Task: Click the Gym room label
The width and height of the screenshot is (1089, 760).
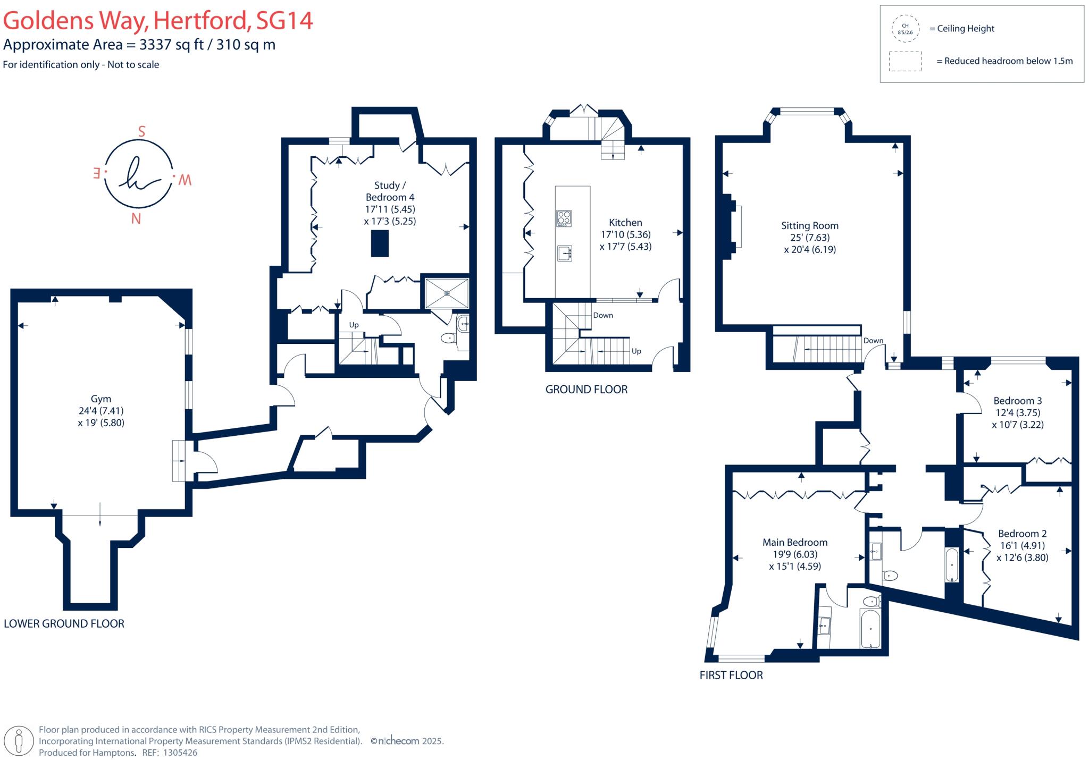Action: pyautogui.click(x=101, y=399)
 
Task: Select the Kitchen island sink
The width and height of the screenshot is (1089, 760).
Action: pyautogui.click(x=564, y=254)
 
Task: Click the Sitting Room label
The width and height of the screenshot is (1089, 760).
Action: pyautogui.click(x=809, y=226)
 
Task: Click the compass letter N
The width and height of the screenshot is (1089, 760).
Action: pyautogui.click(x=136, y=219)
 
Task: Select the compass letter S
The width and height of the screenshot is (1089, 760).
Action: pyautogui.click(x=141, y=131)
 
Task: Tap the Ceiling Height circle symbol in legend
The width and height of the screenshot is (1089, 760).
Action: pyautogui.click(x=905, y=29)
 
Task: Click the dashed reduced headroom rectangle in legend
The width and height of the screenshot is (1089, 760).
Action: pyautogui.click(x=905, y=61)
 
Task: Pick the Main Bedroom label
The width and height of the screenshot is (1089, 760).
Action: pyautogui.click(x=795, y=543)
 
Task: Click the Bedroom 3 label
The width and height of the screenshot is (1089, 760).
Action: pyautogui.click(x=1018, y=401)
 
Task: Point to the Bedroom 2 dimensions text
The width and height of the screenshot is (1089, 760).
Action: pyautogui.click(x=1022, y=552)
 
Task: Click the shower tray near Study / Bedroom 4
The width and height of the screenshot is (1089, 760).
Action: pyautogui.click(x=447, y=293)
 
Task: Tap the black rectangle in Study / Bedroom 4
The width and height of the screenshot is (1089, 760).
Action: pyautogui.click(x=380, y=244)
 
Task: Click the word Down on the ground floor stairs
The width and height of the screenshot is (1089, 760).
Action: pyautogui.click(x=603, y=315)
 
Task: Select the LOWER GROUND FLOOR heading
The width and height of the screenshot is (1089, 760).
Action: pyautogui.click(x=64, y=624)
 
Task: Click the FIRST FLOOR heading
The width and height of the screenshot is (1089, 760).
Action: pyautogui.click(x=731, y=675)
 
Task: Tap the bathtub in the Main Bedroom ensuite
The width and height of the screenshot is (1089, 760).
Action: pyautogui.click(x=870, y=629)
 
